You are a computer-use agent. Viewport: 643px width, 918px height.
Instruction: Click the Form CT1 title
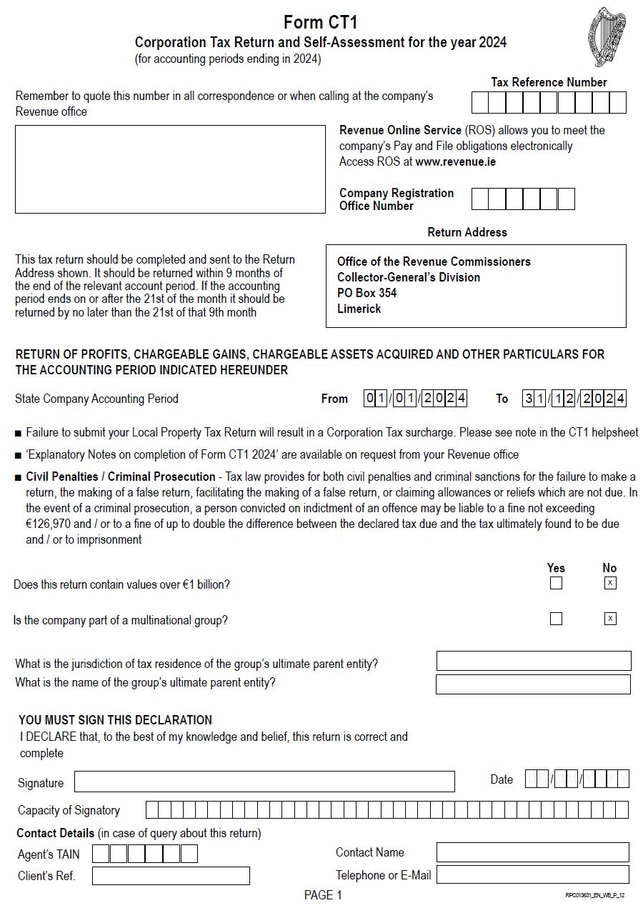(321, 22)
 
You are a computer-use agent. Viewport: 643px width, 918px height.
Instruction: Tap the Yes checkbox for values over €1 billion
(556, 584)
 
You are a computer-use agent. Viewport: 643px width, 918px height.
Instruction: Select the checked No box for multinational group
(610, 619)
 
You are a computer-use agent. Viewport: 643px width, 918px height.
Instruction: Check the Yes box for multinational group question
(556, 619)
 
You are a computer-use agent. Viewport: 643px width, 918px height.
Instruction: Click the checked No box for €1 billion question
(610, 584)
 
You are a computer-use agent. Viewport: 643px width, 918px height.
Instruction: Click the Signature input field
(264, 782)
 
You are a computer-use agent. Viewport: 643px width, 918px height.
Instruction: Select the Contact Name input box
(532, 852)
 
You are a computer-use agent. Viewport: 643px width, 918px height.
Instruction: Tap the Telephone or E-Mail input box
(532, 874)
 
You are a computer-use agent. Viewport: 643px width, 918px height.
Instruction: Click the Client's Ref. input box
(171, 876)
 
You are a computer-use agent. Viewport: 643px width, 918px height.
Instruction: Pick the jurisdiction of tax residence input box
(533, 661)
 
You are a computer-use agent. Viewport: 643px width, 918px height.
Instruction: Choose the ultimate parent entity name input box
(533, 684)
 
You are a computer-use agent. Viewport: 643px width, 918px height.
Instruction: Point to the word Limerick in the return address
(359, 309)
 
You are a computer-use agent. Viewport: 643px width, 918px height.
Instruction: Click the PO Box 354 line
(367, 293)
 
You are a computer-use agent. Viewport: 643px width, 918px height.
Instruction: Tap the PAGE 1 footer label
(323, 895)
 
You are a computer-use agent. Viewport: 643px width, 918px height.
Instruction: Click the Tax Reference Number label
(549, 82)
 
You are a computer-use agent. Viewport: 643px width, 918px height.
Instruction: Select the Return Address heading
(467, 232)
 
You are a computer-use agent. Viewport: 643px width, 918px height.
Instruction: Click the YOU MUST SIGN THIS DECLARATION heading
(115, 720)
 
